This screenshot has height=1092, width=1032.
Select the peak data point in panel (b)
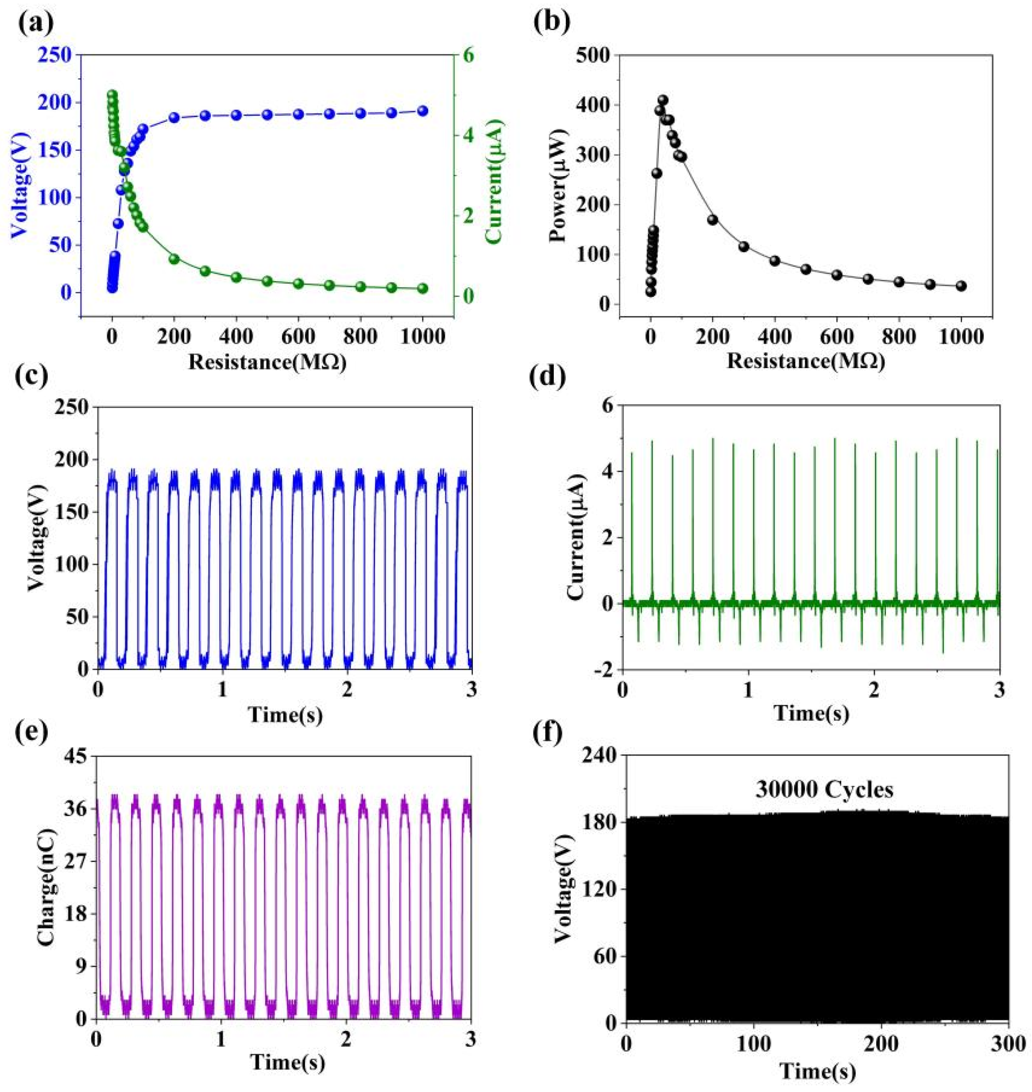(x=663, y=100)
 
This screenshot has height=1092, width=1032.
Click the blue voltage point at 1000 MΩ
(x=422, y=111)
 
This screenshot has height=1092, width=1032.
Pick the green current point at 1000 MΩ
(x=422, y=288)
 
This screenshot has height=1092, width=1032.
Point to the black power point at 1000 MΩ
(x=961, y=286)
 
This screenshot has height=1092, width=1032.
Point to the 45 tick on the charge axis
(x=75, y=757)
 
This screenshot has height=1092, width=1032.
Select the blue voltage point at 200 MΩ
(x=174, y=118)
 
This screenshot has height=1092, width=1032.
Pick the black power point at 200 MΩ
(x=713, y=220)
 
